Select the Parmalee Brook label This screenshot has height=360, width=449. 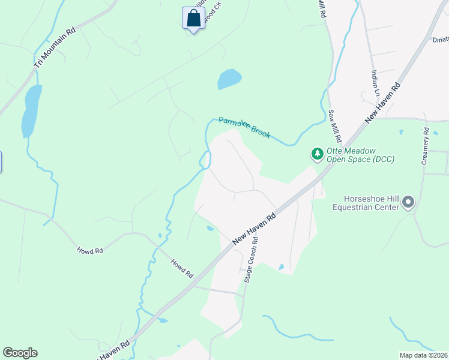[x=244, y=128]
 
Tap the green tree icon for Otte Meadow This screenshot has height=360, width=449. [x=317, y=154]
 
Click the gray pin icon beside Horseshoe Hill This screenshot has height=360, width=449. [x=408, y=202]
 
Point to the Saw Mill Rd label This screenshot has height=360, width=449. [x=334, y=126]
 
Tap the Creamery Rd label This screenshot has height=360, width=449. [x=426, y=146]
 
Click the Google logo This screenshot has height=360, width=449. [x=20, y=353]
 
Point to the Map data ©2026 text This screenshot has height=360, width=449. [x=424, y=355]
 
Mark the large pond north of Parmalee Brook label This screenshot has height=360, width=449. [x=229, y=79]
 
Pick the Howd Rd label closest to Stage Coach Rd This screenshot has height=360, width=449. [x=181, y=268]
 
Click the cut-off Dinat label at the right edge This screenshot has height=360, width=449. [x=440, y=39]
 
